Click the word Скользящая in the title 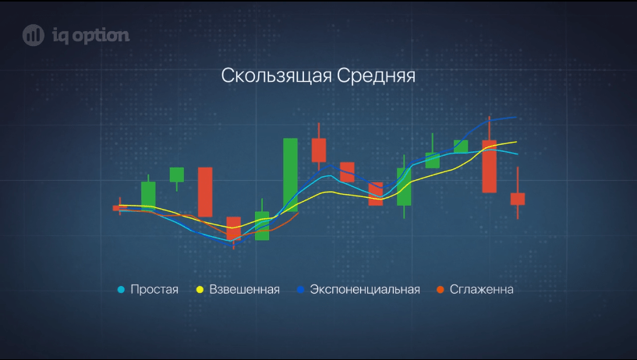(x=277, y=76)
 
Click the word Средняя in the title (x=376, y=76)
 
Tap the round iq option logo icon (x=34, y=35)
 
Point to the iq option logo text (x=91, y=36)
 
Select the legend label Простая (x=154, y=289)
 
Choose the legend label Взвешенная (x=244, y=289)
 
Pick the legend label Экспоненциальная (x=365, y=289)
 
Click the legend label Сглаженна (x=481, y=289)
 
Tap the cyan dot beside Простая (x=121, y=290)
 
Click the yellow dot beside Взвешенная (x=200, y=290)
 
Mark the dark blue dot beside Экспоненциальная (x=301, y=290)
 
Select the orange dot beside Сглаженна (x=441, y=290)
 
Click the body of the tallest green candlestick (x=291, y=175)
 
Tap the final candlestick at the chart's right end (x=518, y=199)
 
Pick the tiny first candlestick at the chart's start (x=120, y=208)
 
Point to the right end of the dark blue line (x=516, y=118)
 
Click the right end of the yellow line (x=516, y=142)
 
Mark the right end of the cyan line (x=517, y=154)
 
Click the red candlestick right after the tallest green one (x=319, y=150)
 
